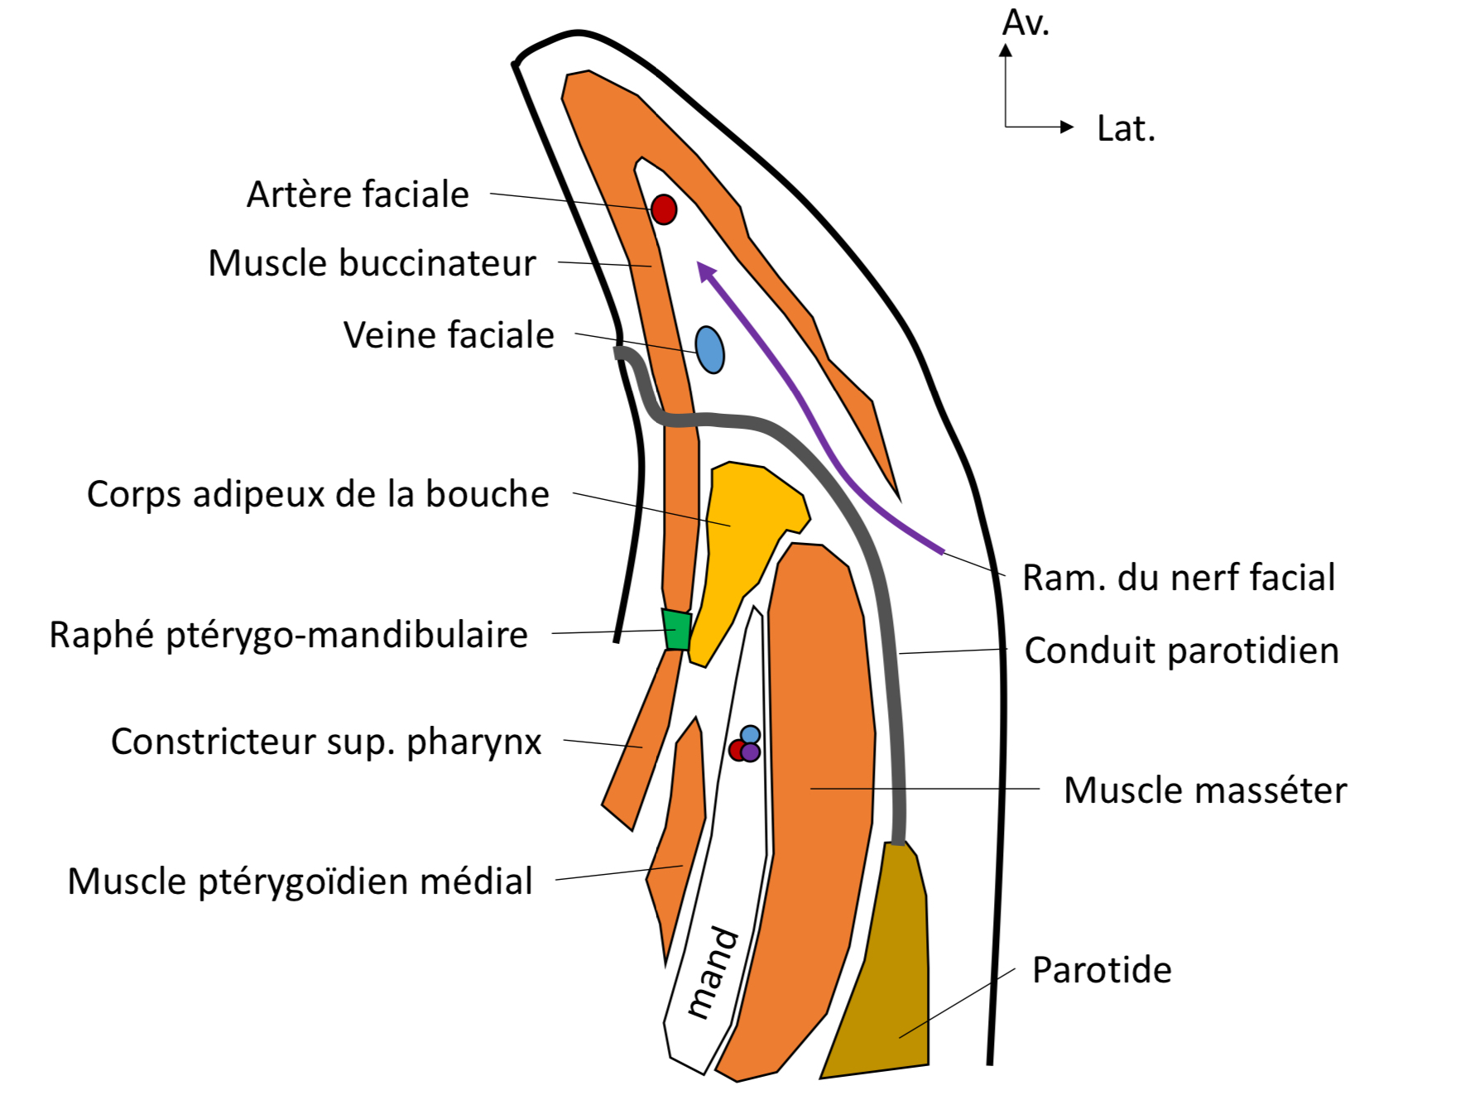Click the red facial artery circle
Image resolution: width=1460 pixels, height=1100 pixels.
[x=664, y=209]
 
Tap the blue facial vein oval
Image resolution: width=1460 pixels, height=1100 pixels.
[x=710, y=350]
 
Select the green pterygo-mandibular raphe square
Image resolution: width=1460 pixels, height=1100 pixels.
[x=677, y=631]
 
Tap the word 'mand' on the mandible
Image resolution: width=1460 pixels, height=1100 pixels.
[x=712, y=973]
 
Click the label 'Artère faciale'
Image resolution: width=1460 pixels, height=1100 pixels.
[x=358, y=195]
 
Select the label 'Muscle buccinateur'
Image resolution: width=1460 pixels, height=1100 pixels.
[x=372, y=264]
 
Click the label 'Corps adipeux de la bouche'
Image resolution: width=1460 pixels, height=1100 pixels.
[x=318, y=495]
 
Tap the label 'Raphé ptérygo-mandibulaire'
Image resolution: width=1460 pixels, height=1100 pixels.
[x=288, y=636]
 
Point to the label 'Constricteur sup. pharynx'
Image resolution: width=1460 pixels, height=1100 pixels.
[x=326, y=742]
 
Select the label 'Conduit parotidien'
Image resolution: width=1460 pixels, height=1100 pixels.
[x=1181, y=651]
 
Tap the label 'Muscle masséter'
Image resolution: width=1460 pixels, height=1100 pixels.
[x=1205, y=791]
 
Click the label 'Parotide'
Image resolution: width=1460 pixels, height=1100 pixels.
[x=1102, y=971]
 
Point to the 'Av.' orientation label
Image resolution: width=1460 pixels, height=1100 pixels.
[x=1025, y=23]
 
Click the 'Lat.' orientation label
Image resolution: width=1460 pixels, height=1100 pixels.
[x=1126, y=129]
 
